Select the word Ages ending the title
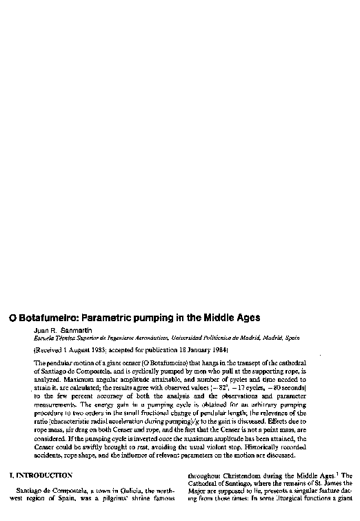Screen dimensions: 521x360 (x=245, y=318)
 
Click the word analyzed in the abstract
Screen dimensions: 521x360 (x=46, y=378)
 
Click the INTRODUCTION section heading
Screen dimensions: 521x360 (x=48, y=476)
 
